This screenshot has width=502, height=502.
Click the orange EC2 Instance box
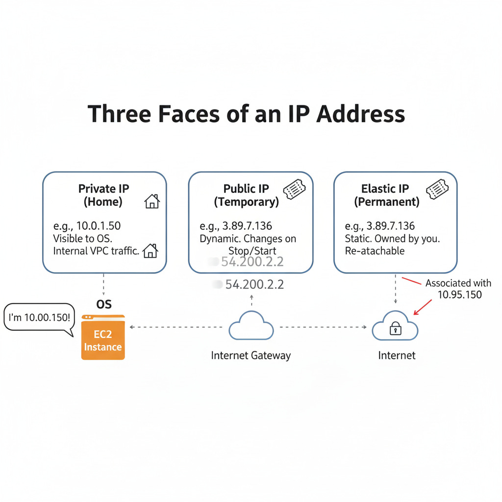(103, 338)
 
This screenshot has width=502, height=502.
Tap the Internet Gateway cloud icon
(251, 326)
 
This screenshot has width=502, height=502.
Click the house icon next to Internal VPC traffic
(150, 251)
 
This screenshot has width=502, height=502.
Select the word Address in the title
(361, 113)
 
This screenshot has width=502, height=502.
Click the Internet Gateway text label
(251, 355)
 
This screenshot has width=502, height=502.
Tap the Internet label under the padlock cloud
(397, 355)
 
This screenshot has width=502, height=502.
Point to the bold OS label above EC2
(104, 304)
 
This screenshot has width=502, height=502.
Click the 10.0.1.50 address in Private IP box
(99, 226)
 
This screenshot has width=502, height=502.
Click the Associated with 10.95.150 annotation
(458, 289)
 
